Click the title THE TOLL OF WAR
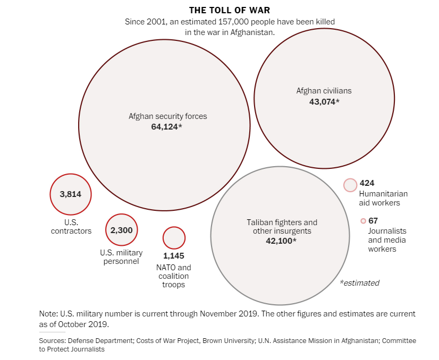coord(229,10)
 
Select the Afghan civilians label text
coord(324,91)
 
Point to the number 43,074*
coord(324,101)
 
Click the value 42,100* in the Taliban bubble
coord(281,241)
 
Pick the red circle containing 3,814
coord(71,194)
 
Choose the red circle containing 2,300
coord(122,230)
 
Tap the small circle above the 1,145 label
coord(174,238)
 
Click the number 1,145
coord(173,256)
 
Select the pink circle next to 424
coord(350,185)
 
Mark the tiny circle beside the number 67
coord(363,221)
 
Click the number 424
coord(367,183)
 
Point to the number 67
coord(373,220)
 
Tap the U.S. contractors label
coord(71,226)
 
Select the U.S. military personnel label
coord(121,257)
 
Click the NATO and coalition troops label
coord(174,276)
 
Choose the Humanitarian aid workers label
coord(379,198)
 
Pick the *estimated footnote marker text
coord(359,283)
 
